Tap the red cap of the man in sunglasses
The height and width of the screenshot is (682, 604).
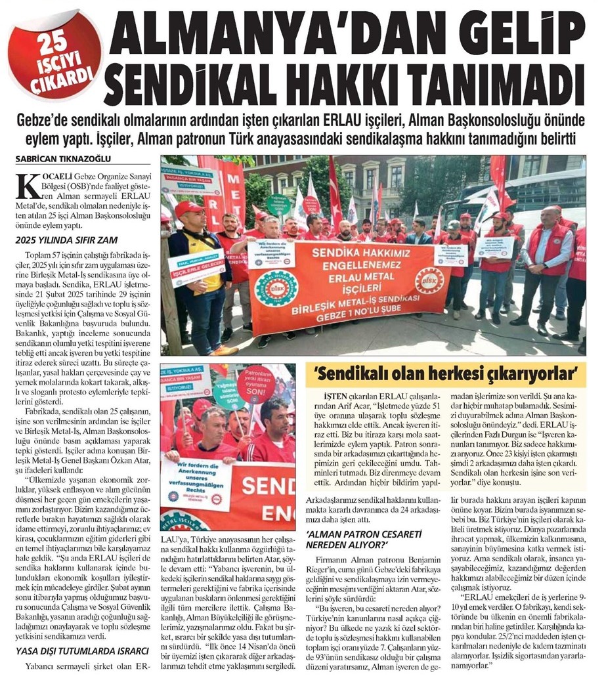188,209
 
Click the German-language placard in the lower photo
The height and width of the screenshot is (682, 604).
194,484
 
